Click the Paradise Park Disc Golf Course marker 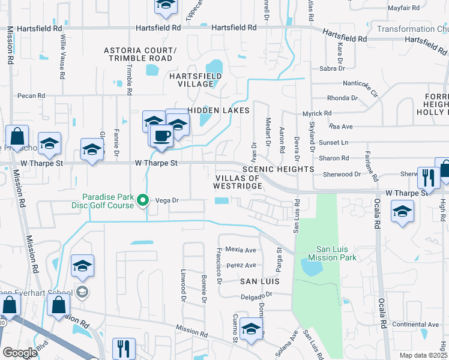click(x=143, y=200)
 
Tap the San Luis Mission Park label click(x=332, y=253)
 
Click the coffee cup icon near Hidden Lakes click(x=161, y=135)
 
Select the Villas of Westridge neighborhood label click(x=238, y=182)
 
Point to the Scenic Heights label click(x=278, y=170)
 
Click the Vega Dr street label click(x=168, y=201)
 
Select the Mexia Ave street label click(x=241, y=250)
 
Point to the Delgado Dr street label click(x=258, y=295)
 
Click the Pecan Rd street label click(x=32, y=95)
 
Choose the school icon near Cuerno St click(x=251, y=328)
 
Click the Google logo click(x=20, y=353)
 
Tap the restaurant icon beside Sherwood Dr click(x=427, y=177)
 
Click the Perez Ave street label click(x=241, y=265)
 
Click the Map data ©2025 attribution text click(x=423, y=355)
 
